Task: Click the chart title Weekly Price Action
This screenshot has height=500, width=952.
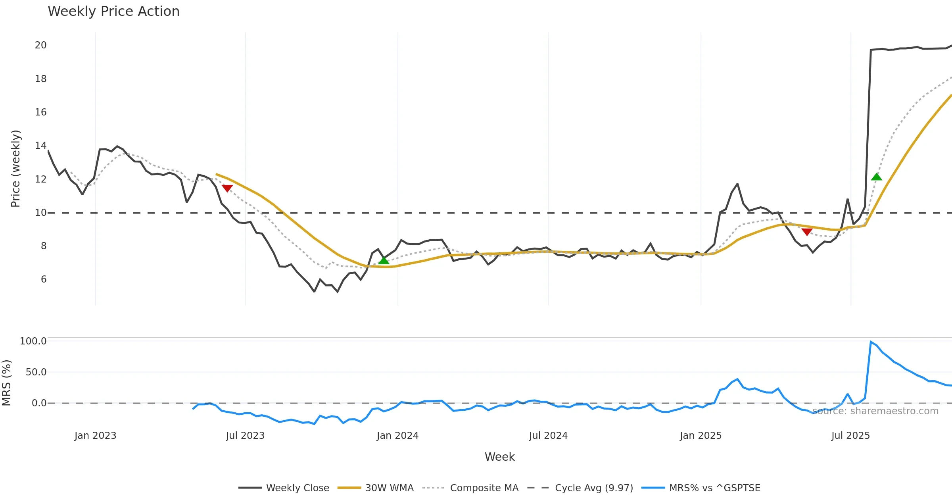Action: coord(113,12)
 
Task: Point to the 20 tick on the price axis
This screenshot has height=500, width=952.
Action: coord(41,45)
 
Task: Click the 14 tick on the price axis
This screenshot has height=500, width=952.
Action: coord(41,146)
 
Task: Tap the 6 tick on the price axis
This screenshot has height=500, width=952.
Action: coord(44,279)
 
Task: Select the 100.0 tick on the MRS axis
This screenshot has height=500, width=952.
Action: coord(33,341)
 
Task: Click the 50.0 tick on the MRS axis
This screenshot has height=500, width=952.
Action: coord(36,372)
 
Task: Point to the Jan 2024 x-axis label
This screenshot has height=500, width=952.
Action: coord(397,436)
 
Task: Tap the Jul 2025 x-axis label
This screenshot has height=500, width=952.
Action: coord(850,436)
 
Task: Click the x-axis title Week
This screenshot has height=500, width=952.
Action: coord(499,457)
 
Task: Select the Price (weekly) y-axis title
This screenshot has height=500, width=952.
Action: coord(15,169)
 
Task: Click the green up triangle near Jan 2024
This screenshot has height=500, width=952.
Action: coord(384,260)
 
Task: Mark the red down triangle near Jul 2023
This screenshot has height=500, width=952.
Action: coord(227,188)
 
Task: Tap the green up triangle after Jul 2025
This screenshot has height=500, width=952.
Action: coord(877,177)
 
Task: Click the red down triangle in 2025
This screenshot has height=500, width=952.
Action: coord(807,232)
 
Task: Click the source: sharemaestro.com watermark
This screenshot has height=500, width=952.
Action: coord(875,411)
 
